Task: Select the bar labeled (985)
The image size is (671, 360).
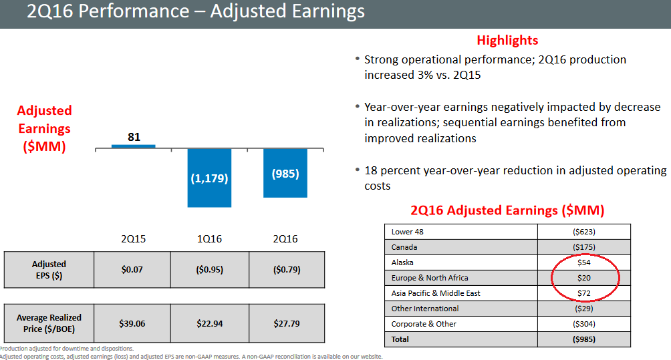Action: [285, 173]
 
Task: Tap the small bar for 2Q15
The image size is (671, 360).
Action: [133, 146]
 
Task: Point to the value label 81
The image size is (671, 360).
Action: [134, 137]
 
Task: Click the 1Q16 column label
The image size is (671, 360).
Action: [209, 238]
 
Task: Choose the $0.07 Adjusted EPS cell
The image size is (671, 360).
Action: [132, 270]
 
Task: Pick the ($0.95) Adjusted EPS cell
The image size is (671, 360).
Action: [209, 270]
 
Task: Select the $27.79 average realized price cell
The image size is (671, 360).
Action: [286, 323]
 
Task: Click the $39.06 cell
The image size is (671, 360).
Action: [132, 323]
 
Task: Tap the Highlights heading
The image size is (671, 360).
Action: [507, 40]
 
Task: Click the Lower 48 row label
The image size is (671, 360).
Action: [407, 232]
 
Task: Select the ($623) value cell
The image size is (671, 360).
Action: [583, 232]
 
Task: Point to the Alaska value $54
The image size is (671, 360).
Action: [583, 262]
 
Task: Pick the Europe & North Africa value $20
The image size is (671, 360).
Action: [583, 278]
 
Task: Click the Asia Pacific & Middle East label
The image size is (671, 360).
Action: [436, 293]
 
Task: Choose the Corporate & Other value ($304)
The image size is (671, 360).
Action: [583, 324]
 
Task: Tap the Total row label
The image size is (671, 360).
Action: [401, 339]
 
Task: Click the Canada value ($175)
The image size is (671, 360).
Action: [583, 247]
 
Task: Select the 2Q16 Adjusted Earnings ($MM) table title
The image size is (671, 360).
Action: [507, 210]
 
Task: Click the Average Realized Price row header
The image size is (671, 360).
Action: [49, 323]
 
